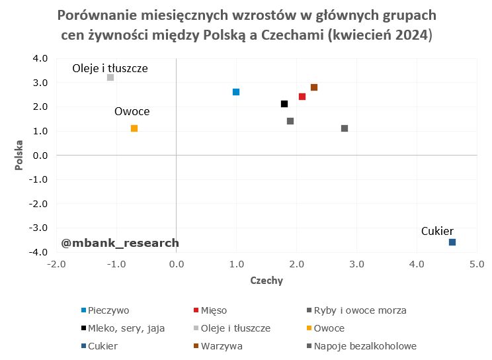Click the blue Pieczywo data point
pos(236,92)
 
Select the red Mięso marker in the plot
pos(302,97)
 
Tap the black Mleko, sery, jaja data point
pos(284,104)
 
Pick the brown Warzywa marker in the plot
pos(314,87)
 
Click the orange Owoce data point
pos(134,128)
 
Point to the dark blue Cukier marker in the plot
pos(452,242)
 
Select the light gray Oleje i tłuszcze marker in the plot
pos(110,77)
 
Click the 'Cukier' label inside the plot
pos(437,231)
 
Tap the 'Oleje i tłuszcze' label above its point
pos(110,67)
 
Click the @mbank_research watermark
pos(120,243)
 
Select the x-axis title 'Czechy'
pos(266,281)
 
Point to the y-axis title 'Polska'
pos(20,155)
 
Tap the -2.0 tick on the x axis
pos(56,264)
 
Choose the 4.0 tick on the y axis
pos(40,58)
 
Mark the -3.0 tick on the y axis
pos(39,228)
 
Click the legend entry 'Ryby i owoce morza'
pos(360,310)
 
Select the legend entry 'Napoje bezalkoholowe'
pos(364,345)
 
